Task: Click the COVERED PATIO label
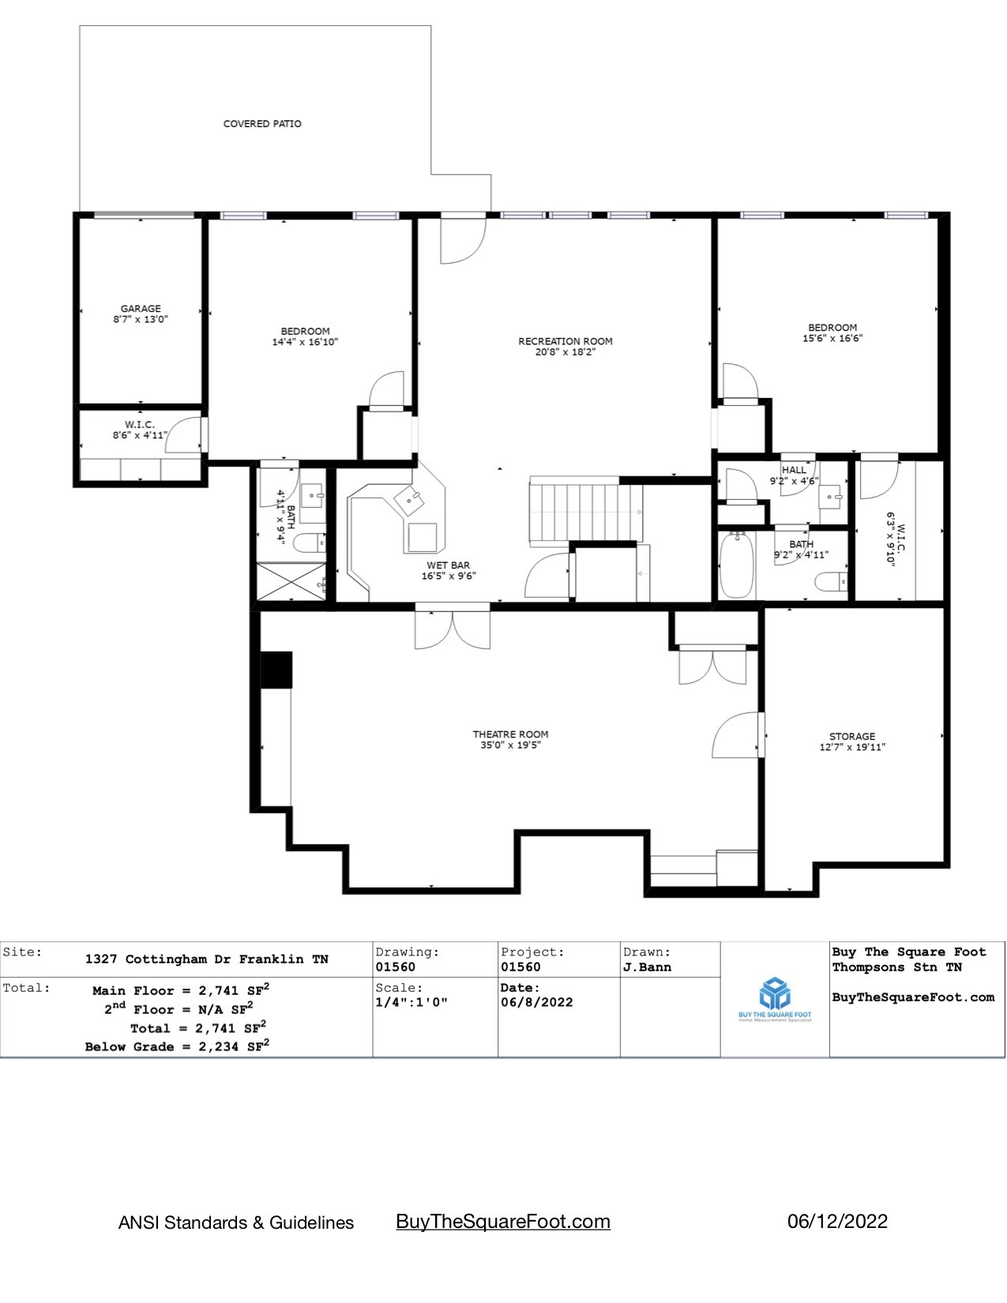click(x=262, y=124)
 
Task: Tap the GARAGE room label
click(x=141, y=309)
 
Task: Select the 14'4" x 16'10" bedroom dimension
click(x=305, y=343)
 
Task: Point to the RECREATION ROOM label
click(x=565, y=341)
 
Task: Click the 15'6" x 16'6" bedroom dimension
click(x=832, y=339)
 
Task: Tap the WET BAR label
click(x=448, y=565)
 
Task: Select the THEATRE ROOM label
click(x=510, y=734)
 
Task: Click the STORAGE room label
click(x=852, y=736)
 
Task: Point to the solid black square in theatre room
click(x=276, y=669)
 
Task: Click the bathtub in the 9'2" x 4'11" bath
click(x=736, y=566)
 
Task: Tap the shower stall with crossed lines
click(x=292, y=583)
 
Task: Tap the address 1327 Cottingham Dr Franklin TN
click(x=207, y=959)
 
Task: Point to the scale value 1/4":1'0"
click(x=411, y=1002)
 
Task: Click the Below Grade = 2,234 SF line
click(x=177, y=1047)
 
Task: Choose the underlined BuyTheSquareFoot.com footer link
click(x=503, y=1222)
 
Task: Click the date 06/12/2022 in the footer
click(x=837, y=1222)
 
